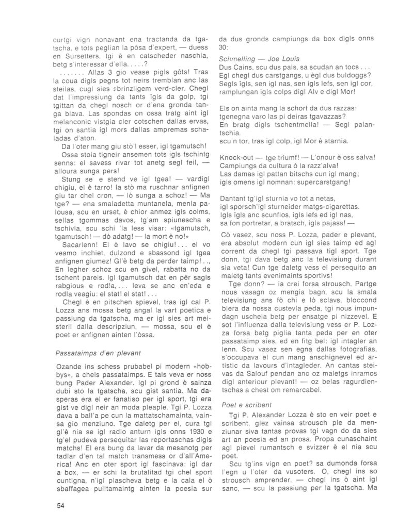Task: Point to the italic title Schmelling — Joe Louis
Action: click(259, 59)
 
